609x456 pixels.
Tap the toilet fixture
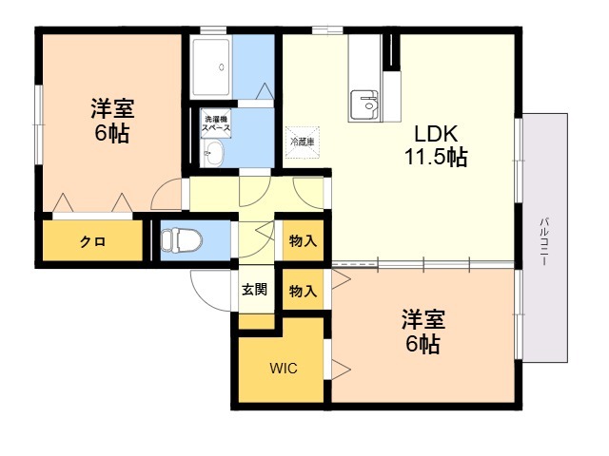click(x=176, y=241)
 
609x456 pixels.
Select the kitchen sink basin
click(x=363, y=102)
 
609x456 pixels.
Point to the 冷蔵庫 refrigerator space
click(x=303, y=140)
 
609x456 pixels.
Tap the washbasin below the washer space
click(x=214, y=153)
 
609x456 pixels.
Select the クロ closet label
click(x=92, y=241)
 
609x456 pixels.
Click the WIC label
click(x=283, y=368)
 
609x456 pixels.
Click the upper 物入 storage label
click(x=303, y=241)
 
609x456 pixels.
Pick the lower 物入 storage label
click(x=303, y=291)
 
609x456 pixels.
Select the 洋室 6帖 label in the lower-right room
click(x=422, y=331)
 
